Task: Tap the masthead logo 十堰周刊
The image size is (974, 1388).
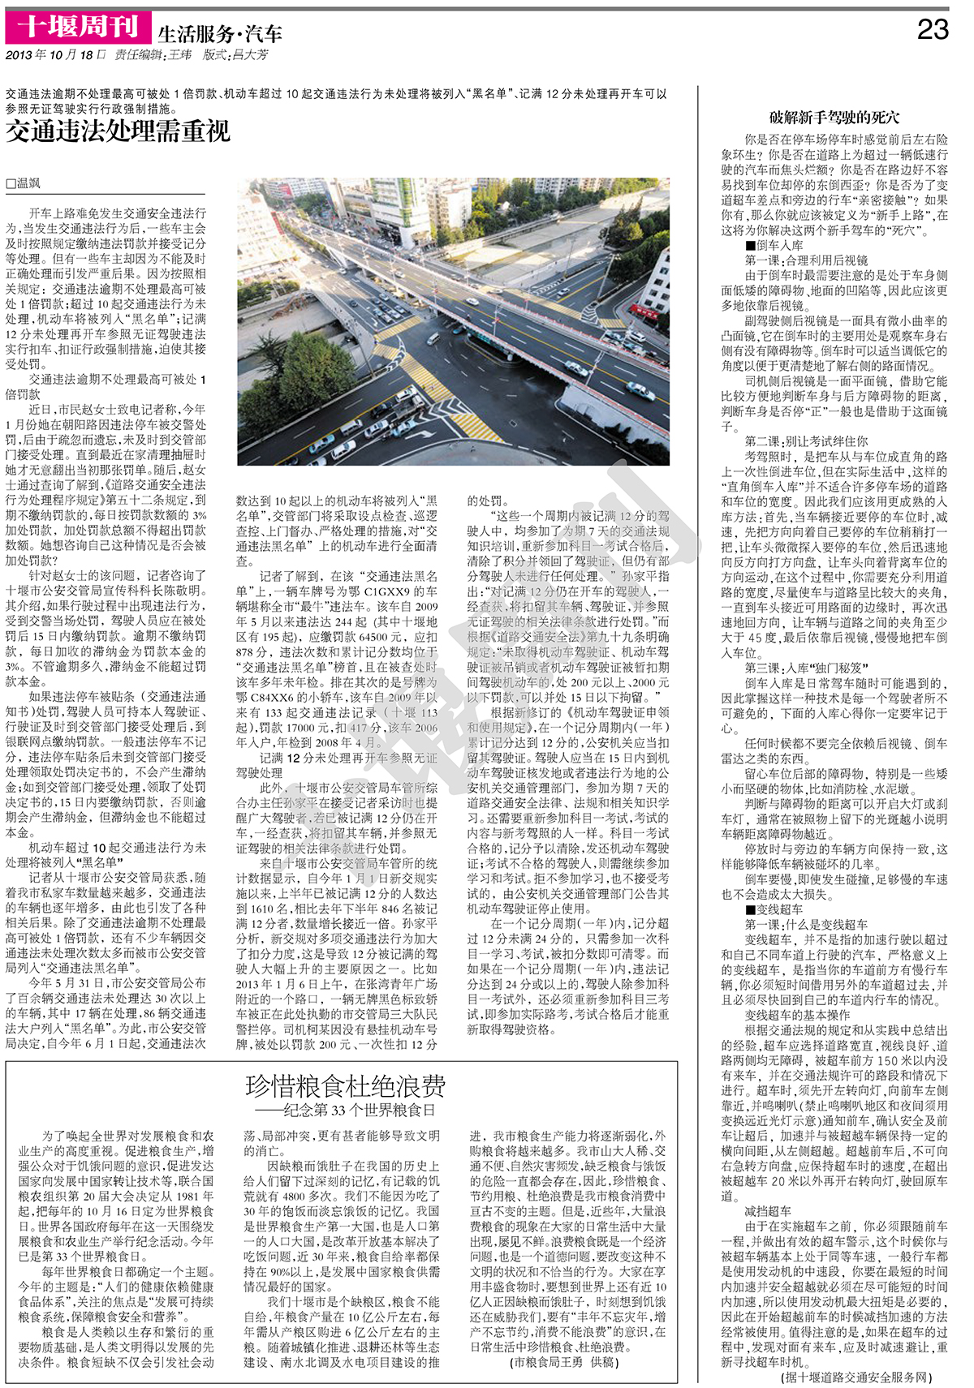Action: tap(78, 27)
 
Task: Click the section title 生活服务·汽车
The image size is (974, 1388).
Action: tap(219, 33)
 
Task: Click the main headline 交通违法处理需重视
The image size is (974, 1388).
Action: tap(119, 131)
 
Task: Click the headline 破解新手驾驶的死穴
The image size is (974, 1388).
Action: tap(834, 118)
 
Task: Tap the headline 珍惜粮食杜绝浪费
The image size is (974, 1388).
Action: tap(345, 1086)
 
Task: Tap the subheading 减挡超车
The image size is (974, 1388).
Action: tap(768, 1211)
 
